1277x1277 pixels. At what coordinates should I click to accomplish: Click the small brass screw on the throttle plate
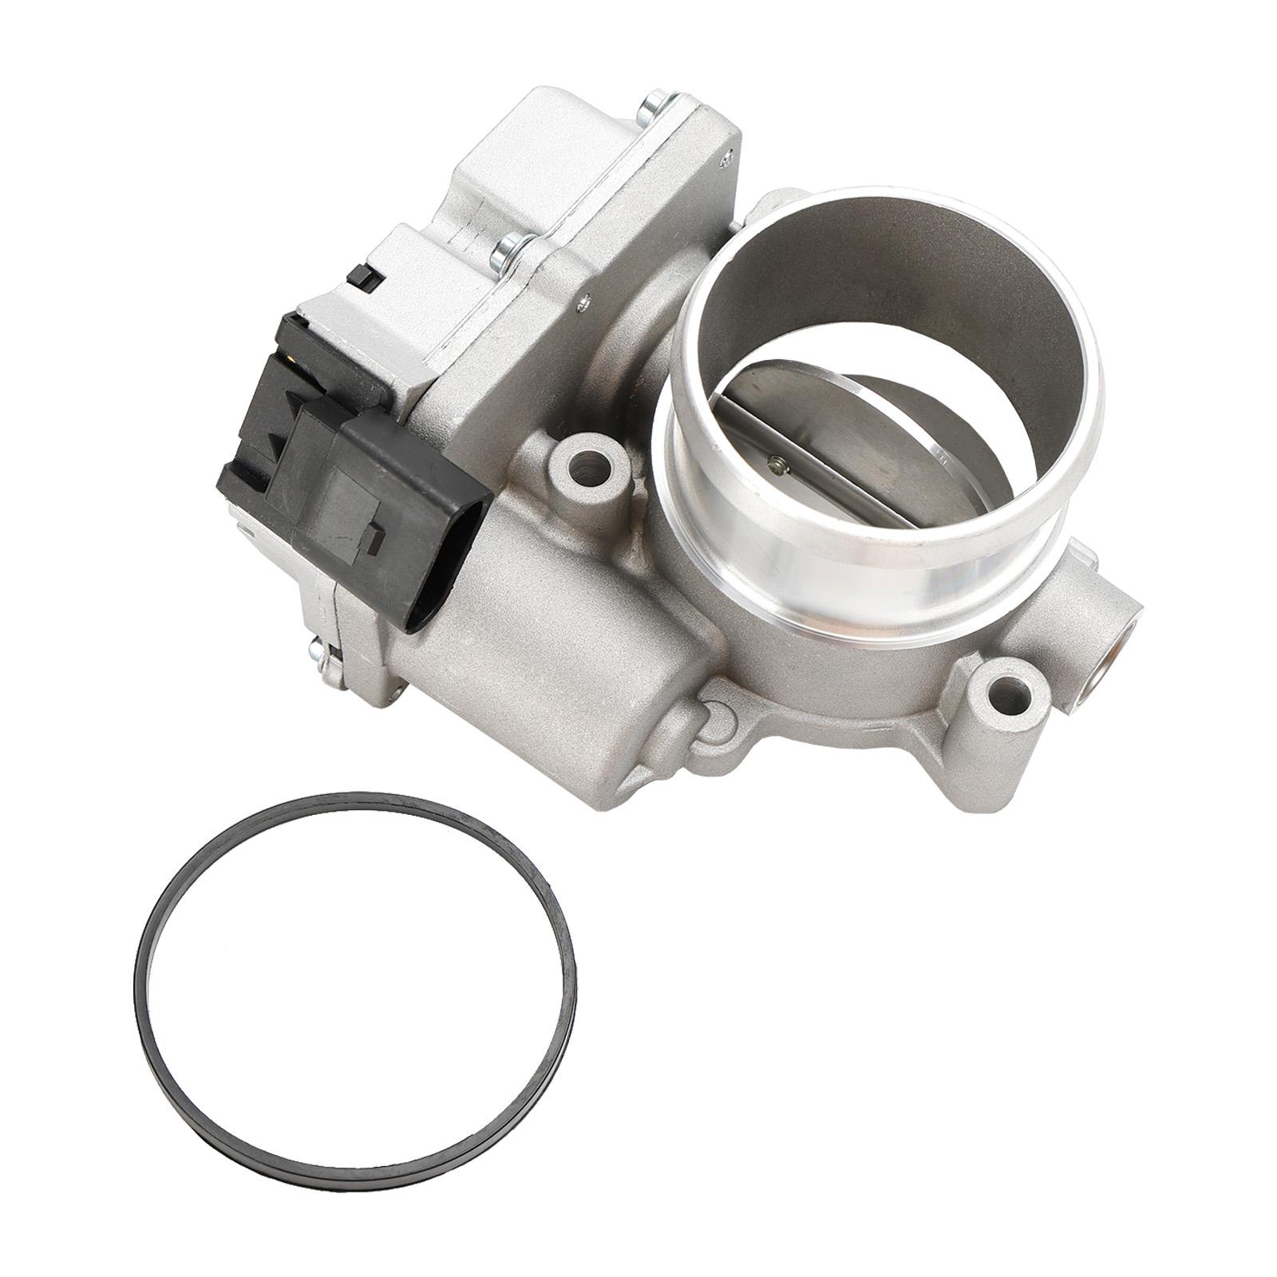(x=777, y=462)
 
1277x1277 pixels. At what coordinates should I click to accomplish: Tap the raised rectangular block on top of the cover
(x=511, y=160)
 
